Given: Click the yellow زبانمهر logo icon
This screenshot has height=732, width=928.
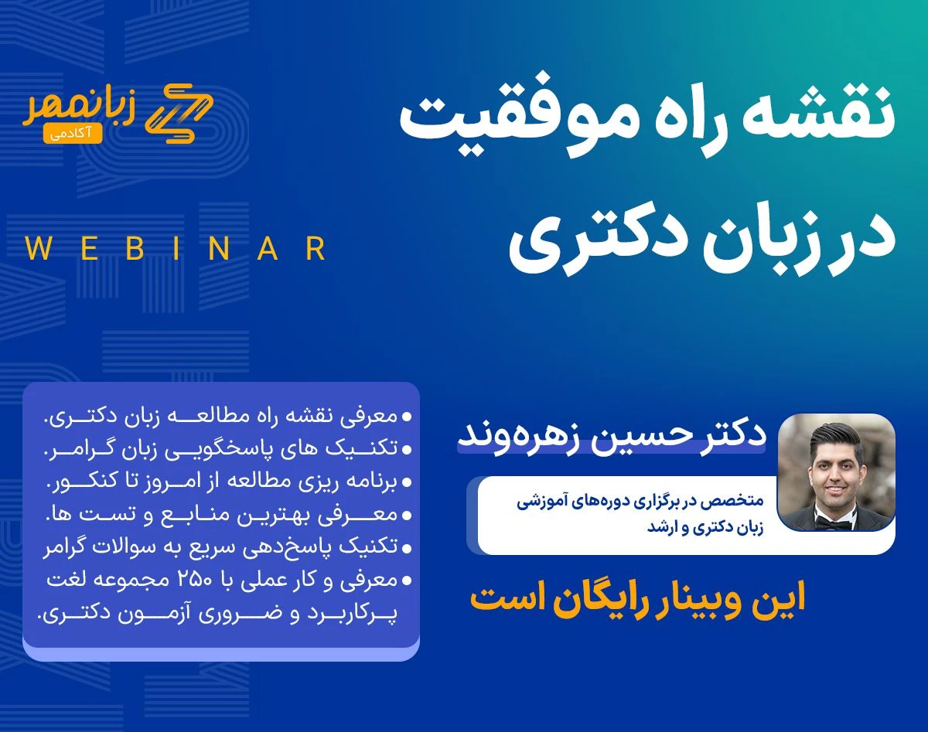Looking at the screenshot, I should pos(179,111).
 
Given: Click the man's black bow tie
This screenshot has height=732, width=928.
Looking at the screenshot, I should pos(836,523).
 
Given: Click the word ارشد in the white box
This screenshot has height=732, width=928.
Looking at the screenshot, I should pos(662,529).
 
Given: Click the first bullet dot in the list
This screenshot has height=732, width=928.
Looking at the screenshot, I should pos(408,417).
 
